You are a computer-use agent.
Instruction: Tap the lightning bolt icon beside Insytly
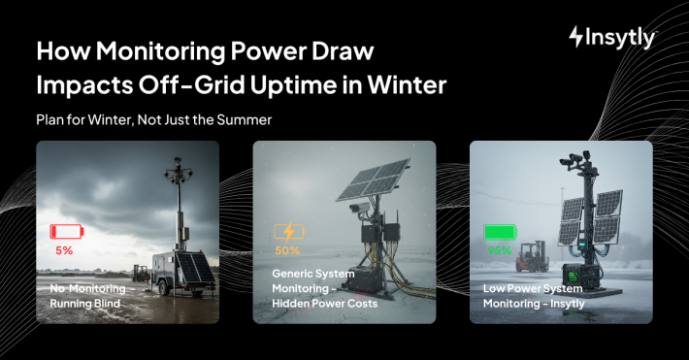click(576, 37)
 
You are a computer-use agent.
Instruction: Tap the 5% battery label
click(64, 250)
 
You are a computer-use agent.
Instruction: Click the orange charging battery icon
click(288, 232)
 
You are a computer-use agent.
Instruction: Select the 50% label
click(287, 250)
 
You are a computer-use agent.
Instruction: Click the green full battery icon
click(499, 232)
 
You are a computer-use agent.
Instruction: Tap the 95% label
click(500, 250)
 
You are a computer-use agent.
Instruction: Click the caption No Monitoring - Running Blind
click(87, 296)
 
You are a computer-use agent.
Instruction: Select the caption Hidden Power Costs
click(324, 304)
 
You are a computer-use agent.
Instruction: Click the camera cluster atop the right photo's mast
click(574, 158)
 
